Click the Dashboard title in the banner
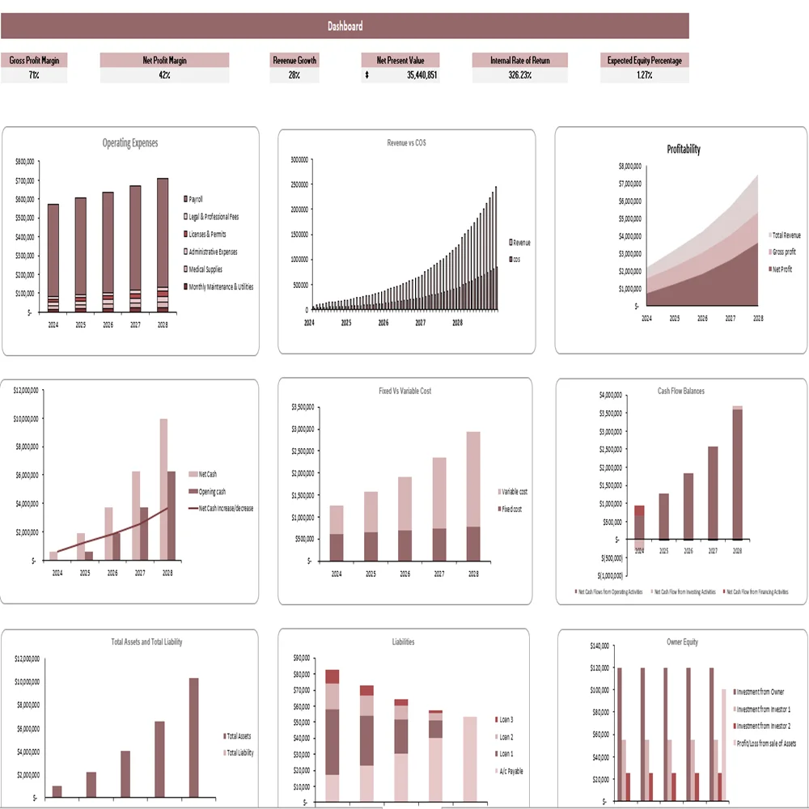[x=345, y=26]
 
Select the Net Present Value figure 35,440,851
[x=421, y=75]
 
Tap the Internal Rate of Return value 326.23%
[x=519, y=75]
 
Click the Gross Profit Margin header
[x=34, y=60]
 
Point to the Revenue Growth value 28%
[x=294, y=75]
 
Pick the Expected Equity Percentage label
[x=644, y=60]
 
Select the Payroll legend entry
[x=195, y=199]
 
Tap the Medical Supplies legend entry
[x=205, y=269]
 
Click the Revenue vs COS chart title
[x=406, y=142]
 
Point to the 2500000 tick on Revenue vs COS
[x=298, y=184]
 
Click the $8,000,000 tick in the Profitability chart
[x=629, y=166]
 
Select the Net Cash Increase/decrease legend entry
[x=226, y=508]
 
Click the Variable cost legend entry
[x=515, y=491]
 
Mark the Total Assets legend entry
[x=239, y=736]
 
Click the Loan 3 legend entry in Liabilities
[x=506, y=719]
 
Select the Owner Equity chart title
[x=682, y=642]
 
